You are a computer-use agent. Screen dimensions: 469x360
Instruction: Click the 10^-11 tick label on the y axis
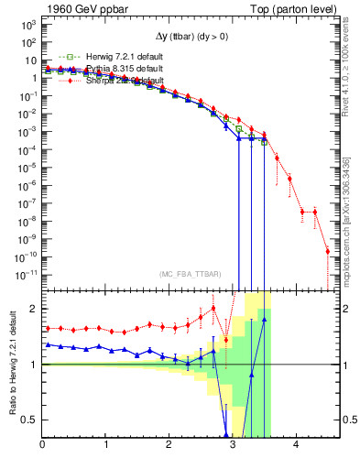tap(25, 273)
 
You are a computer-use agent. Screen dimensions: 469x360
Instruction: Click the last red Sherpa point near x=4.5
tap(328, 251)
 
